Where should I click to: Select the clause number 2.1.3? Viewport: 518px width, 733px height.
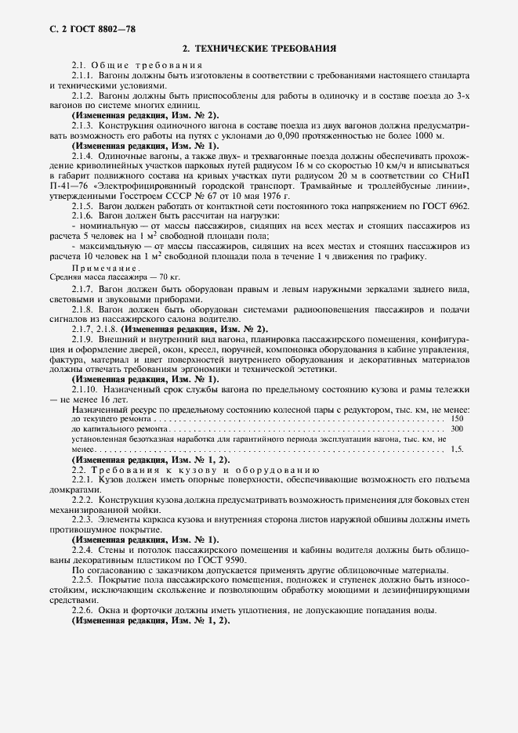point(83,125)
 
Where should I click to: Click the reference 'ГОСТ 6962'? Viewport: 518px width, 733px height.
point(449,205)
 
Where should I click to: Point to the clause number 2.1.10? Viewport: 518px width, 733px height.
point(85,389)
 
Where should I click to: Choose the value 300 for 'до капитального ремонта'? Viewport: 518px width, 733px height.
point(458,429)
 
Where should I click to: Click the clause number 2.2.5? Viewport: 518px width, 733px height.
point(83,580)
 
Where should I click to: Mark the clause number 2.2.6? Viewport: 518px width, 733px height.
point(83,611)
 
